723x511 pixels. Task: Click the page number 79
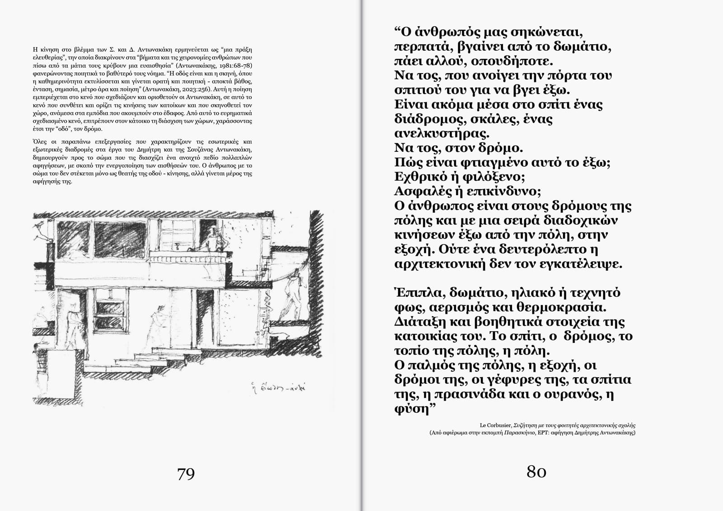coord(186,473)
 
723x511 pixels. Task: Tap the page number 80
coord(536,472)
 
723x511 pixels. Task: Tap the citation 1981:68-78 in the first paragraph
coord(235,66)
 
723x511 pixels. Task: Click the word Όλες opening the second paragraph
coord(40,142)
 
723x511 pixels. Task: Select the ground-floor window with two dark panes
coord(110,314)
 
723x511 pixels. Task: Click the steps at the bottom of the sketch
coord(149,357)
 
